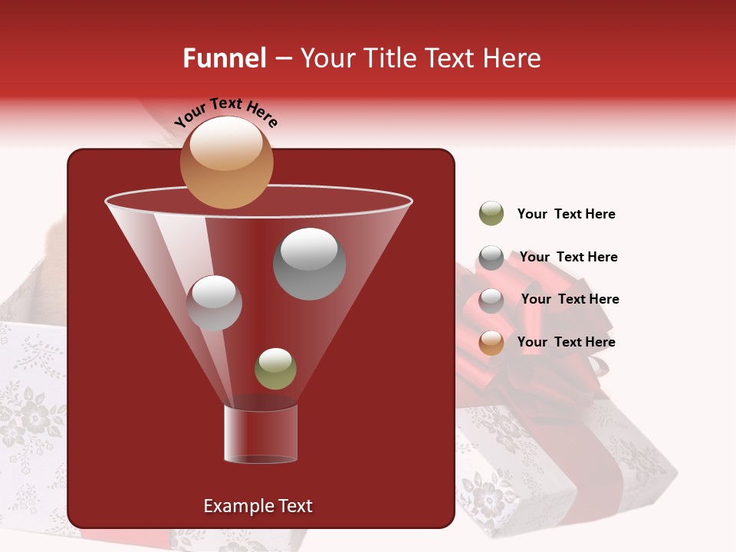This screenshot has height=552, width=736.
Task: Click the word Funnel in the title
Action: pyautogui.click(x=224, y=58)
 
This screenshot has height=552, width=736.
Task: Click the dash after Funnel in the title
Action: pyautogui.click(x=282, y=59)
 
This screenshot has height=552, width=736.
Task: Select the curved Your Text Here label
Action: pyautogui.click(x=225, y=111)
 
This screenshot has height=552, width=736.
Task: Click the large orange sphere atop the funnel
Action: pyautogui.click(x=226, y=163)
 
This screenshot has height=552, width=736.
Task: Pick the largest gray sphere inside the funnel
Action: pyautogui.click(x=309, y=264)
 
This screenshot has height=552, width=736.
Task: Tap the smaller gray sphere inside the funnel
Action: pyautogui.click(x=214, y=303)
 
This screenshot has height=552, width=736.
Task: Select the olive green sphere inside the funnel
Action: pyautogui.click(x=275, y=368)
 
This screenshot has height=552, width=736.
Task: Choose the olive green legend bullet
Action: pyautogui.click(x=491, y=214)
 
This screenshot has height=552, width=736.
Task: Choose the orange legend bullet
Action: pyautogui.click(x=491, y=343)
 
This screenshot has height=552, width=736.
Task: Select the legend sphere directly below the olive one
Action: pyautogui.click(x=491, y=258)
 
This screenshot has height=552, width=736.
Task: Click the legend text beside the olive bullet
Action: pyautogui.click(x=566, y=215)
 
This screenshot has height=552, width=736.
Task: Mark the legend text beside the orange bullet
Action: pyautogui.click(x=566, y=342)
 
